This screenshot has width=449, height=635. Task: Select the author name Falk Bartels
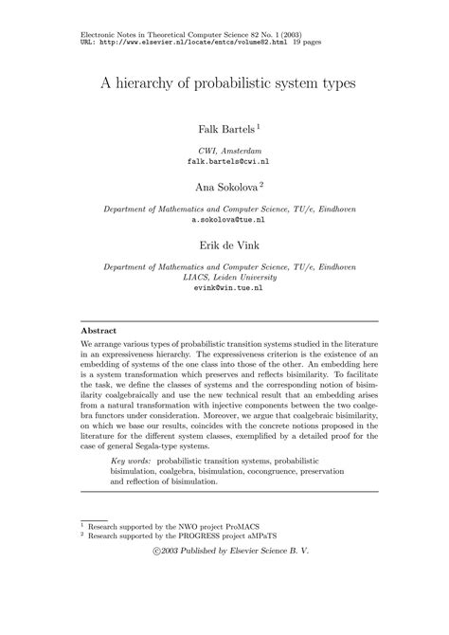tap(222, 127)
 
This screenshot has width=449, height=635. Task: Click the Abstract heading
tap(99, 331)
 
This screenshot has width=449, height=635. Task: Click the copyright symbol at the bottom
tap(157, 551)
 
